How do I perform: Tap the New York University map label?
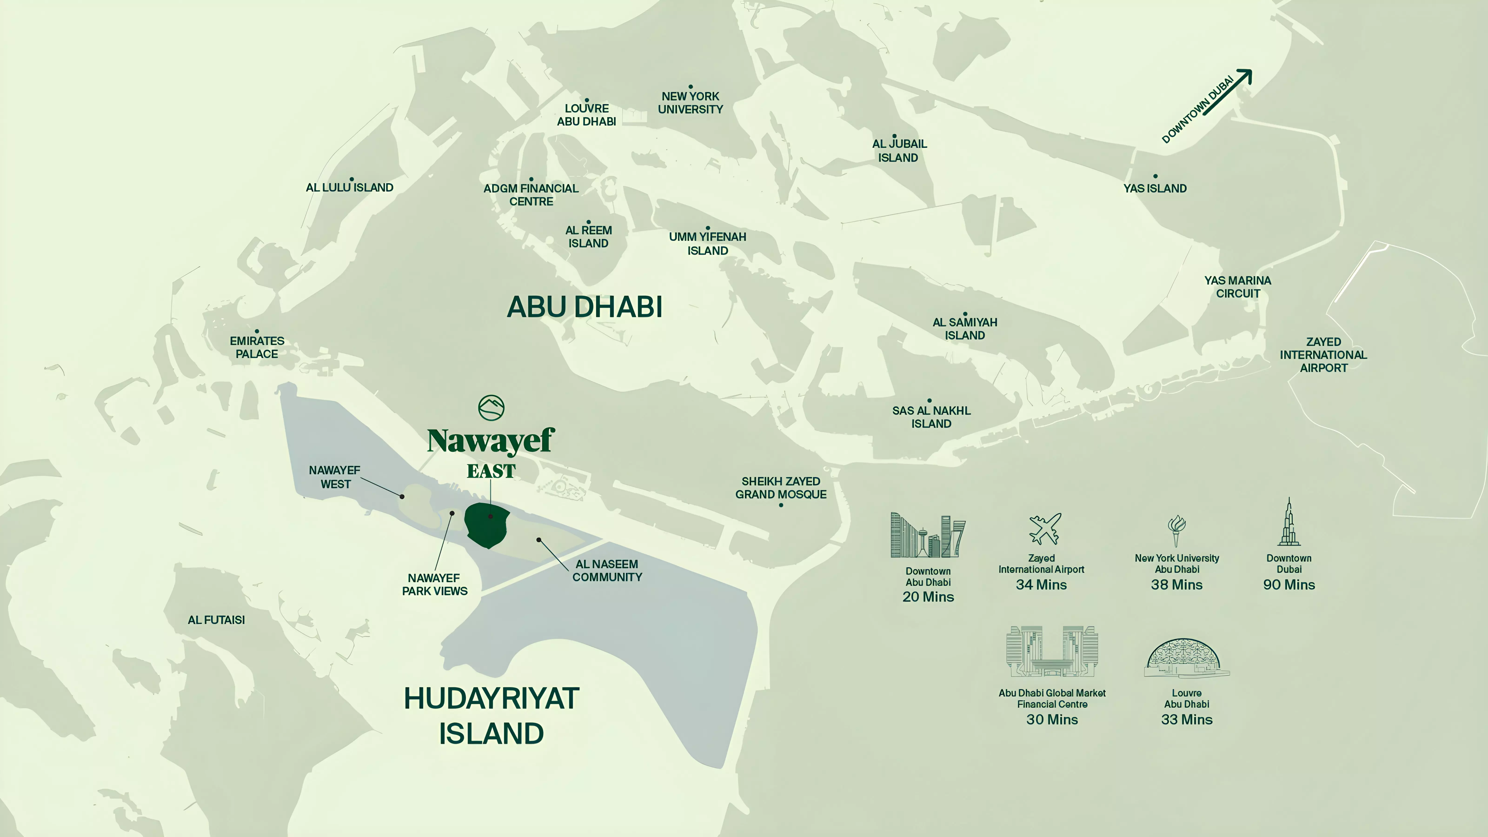pyautogui.click(x=690, y=103)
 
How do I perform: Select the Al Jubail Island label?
pyautogui.click(x=899, y=151)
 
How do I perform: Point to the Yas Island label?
pyautogui.click(x=1155, y=188)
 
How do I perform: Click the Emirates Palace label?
pyautogui.click(x=257, y=347)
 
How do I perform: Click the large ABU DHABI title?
pyautogui.click(x=585, y=307)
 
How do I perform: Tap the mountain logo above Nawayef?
pyautogui.click(x=491, y=408)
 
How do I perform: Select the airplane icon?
pyautogui.click(x=1044, y=528)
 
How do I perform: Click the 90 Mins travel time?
pyautogui.click(x=1289, y=585)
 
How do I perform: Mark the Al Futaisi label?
pyautogui.click(x=216, y=620)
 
